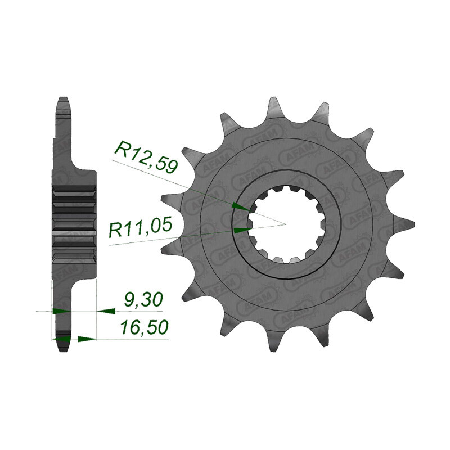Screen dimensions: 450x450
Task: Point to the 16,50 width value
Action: click(145, 328)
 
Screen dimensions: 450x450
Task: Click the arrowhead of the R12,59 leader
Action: click(240, 207)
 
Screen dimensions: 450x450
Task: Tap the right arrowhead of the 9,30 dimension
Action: click(106, 310)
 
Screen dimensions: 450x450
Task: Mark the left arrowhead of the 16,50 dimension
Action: click(62, 339)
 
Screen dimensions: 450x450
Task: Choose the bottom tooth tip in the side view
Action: click(63, 346)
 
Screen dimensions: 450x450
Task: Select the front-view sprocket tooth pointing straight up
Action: click(274, 107)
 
